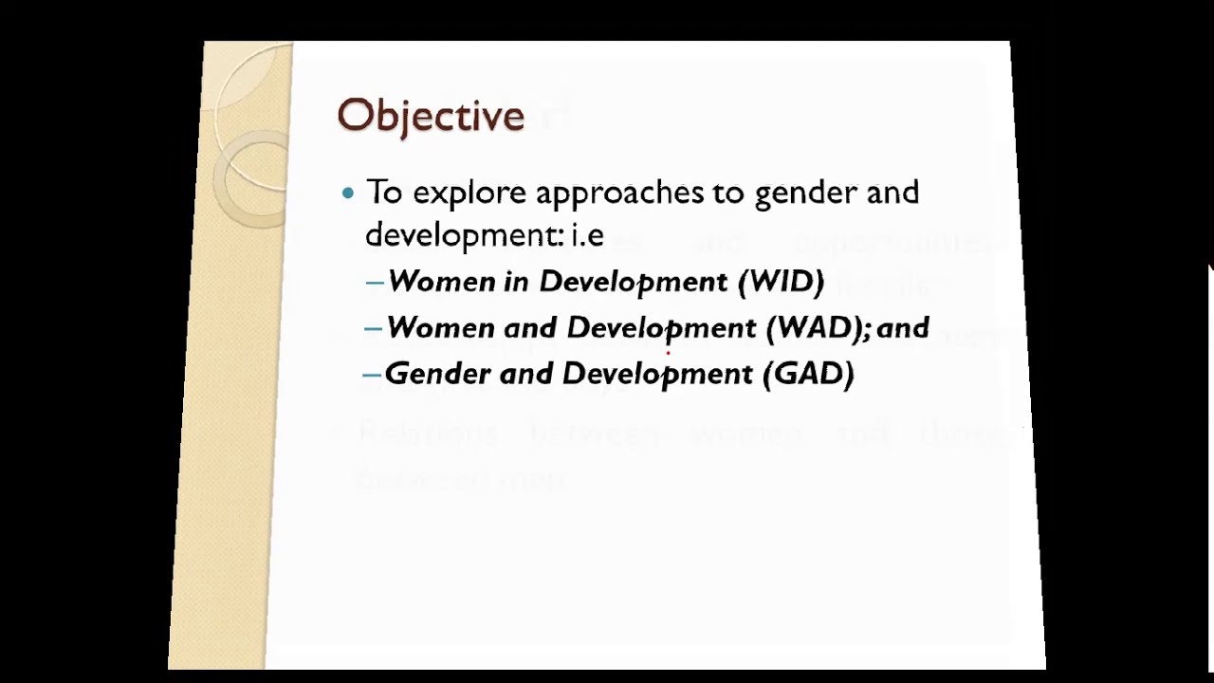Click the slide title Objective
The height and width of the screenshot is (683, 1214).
tap(431, 116)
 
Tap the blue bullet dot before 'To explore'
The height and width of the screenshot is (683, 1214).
tap(348, 193)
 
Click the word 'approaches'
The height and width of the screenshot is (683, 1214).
tap(619, 194)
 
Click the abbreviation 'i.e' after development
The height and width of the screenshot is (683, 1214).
tap(587, 234)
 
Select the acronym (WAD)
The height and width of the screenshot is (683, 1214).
tap(815, 328)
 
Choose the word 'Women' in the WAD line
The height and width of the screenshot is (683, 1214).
tap(439, 328)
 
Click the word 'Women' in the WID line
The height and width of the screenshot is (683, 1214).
tap(441, 282)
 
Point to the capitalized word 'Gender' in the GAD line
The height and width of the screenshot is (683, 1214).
tap(437, 374)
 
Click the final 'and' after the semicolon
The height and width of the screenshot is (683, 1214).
tap(903, 328)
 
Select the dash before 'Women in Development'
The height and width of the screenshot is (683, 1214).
tap(374, 282)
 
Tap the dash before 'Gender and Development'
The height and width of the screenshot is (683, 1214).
tap(372, 374)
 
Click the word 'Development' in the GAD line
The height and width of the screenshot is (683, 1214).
tap(657, 374)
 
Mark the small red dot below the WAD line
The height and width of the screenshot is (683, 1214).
tap(668, 352)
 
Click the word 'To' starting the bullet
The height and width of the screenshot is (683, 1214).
tap(384, 193)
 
